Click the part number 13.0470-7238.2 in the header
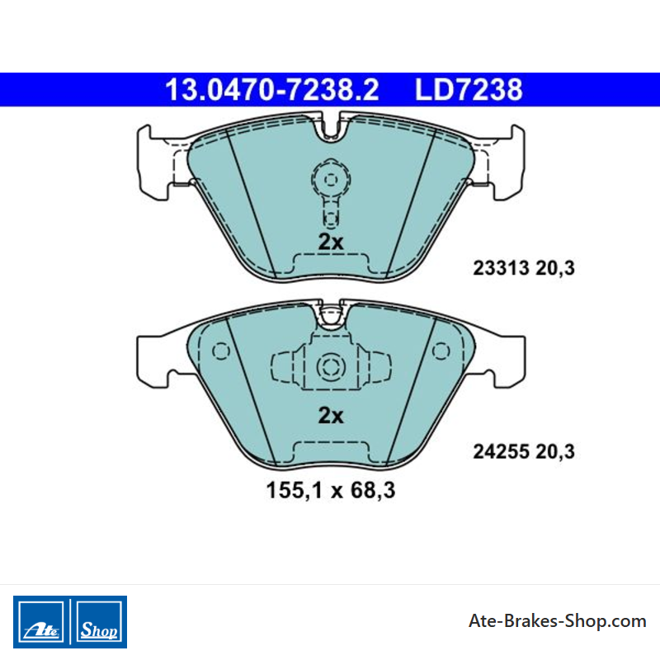coord(272,90)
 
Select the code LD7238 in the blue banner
coord(469,90)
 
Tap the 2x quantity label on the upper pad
coord(331,242)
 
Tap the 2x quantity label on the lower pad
coord(331,416)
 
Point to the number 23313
coord(501,268)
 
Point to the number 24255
coord(501,451)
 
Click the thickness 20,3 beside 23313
coord(555,268)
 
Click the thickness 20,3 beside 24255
coord(555,451)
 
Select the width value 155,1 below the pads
coord(295,490)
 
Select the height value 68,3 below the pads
coord(373,490)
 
